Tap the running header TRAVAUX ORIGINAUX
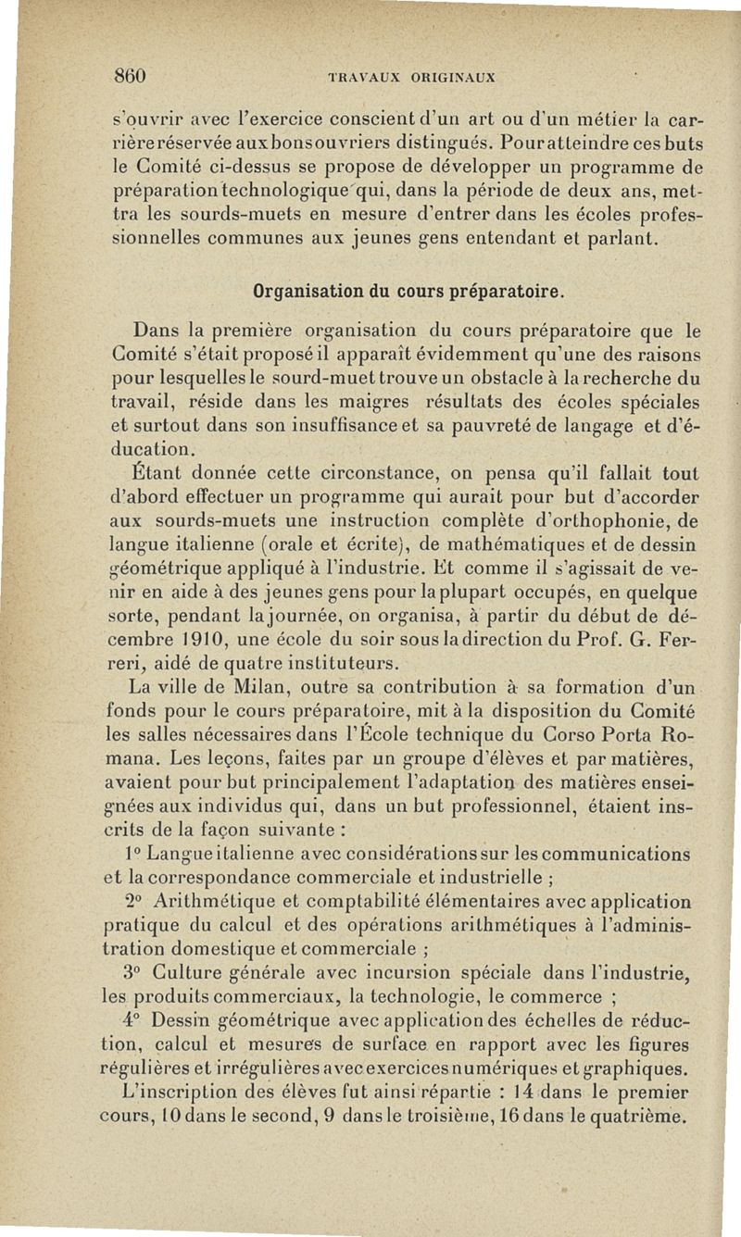point(406,78)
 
